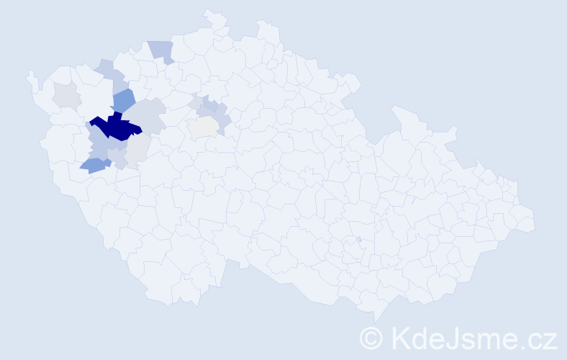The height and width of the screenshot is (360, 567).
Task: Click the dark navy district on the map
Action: click(115, 127)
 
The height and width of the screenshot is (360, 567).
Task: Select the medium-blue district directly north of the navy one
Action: click(123, 102)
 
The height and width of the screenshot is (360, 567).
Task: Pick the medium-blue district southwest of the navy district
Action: click(94, 166)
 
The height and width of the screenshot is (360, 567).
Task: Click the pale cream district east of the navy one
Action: click(203, 127)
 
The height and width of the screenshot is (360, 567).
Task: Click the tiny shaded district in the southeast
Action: click(358, 239)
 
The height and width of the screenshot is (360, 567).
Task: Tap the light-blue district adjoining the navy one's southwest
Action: click(99, 140)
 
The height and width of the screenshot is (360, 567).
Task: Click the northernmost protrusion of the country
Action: click(211, 14)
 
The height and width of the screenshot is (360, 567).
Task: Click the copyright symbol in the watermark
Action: click(371, 338)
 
